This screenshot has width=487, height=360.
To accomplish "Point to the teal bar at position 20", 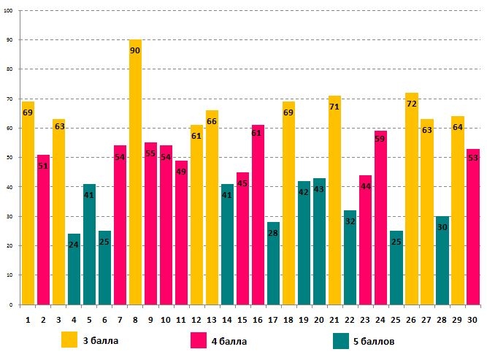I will point(319,241).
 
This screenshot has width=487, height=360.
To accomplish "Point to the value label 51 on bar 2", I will point(43,166).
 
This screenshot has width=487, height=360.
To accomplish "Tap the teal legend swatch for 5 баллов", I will point(340,340).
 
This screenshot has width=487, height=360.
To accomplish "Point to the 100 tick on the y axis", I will point(8,10).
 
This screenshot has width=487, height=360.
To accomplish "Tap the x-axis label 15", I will point(242,319).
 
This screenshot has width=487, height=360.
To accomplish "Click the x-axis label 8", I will point(135,319).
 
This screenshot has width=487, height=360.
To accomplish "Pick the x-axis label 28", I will point(442,319).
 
